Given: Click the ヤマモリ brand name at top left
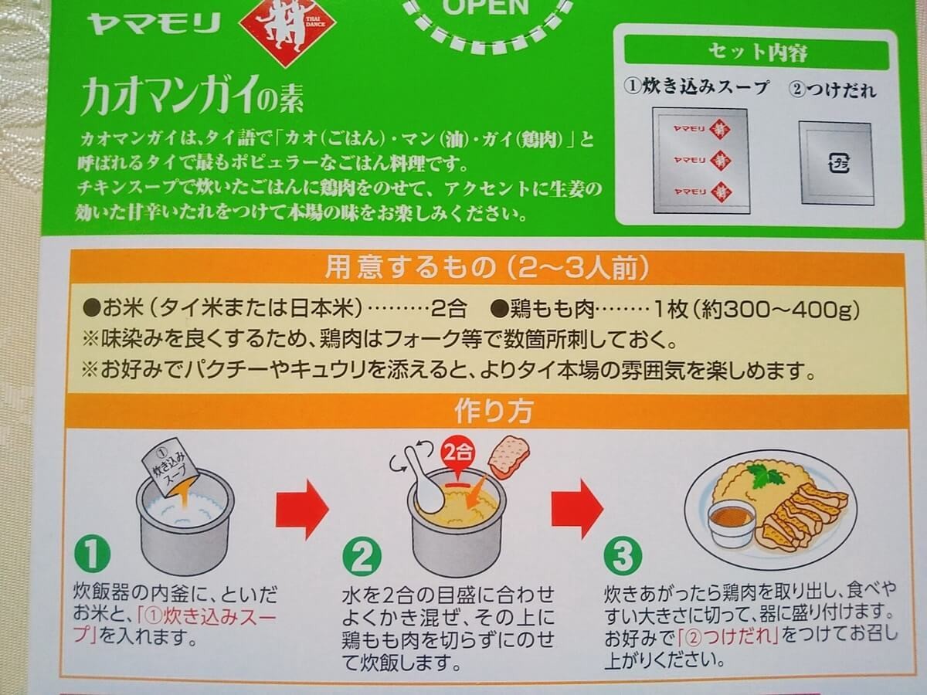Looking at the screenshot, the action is tap(154, 24).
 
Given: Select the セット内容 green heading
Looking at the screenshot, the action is tap(757, 53).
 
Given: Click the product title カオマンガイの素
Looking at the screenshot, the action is tap(192, 97).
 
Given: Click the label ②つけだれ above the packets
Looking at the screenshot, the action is tap(832, 90).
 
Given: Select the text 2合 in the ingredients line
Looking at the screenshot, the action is tap(449, 310).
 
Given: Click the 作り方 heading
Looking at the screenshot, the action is tap(494, 411).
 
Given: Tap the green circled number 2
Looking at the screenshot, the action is tap(362, 557).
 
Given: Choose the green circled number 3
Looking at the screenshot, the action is tap(623, 555).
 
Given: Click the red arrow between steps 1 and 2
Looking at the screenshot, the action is tap(302, 508).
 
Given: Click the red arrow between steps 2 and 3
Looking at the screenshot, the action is tap(577, 507).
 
